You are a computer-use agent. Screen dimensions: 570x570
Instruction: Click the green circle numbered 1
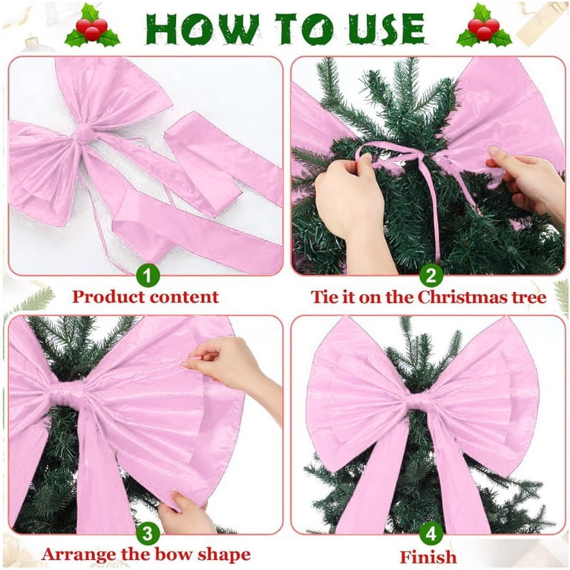point(148,276)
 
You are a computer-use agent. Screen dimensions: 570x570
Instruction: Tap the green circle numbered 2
point(431,276)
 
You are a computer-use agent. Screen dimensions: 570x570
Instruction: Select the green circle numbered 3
point(148,534)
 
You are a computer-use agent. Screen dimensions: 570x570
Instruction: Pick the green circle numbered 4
point(431,534)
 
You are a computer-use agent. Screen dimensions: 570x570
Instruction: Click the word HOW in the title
point(203,30)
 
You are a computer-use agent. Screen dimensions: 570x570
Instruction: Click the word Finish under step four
point(428,557)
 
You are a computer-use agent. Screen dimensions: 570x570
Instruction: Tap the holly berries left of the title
point(92,28)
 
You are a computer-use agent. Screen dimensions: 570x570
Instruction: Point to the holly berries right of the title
point(484,28)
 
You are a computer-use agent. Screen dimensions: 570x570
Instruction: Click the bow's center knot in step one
point(84,133)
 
